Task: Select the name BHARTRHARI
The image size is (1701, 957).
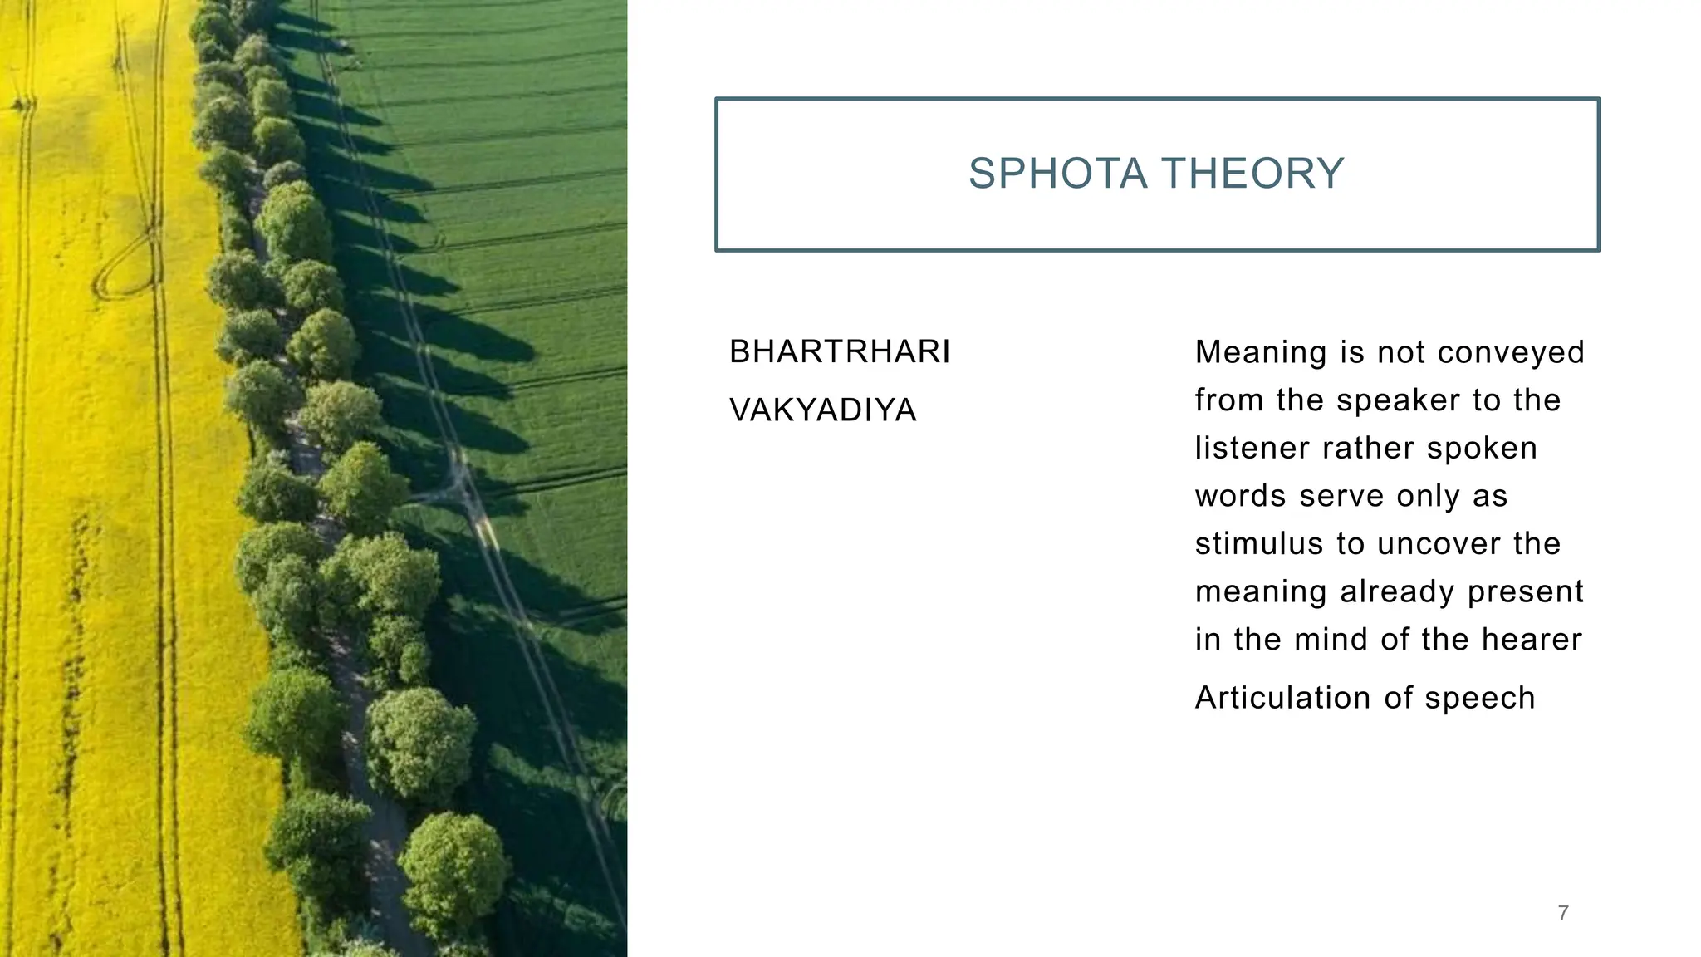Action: [x=840, y=352]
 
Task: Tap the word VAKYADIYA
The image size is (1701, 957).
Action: [x=822, y=410]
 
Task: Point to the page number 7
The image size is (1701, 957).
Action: [x=1563, y=914]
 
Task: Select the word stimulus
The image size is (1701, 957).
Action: [x=1260, y=544]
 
